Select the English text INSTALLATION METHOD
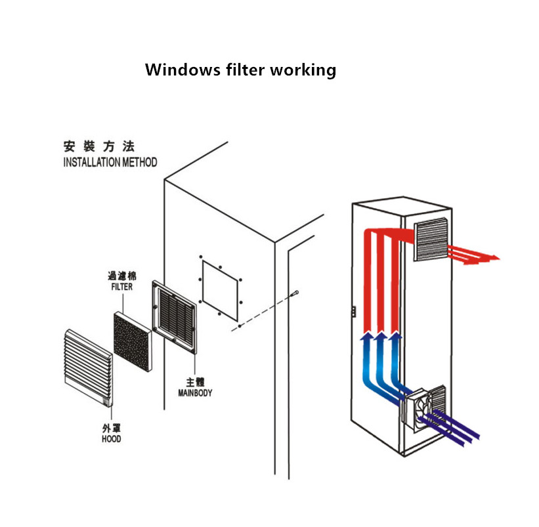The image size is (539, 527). coord(110,162)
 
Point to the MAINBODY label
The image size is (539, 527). coord(195,393)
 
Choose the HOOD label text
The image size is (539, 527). coord(112,438)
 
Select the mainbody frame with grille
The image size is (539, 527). coord(174,318)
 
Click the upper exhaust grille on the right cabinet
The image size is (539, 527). coord(431,242)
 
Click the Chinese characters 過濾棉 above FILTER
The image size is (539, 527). coord(121,276)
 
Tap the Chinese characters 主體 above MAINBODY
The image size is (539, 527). coord(194,382)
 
